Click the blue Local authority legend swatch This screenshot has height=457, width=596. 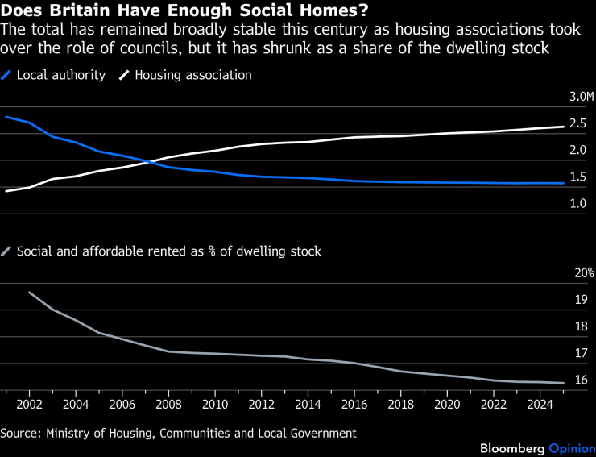tap(6, 75)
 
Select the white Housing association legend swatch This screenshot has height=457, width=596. tap(124, 75)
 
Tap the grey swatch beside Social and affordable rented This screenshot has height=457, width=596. tap(6, 251)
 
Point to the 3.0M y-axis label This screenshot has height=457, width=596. tap(582, 97)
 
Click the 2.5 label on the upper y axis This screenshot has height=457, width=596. tap(577, 123)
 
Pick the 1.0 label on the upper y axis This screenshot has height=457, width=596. tap(577, 203)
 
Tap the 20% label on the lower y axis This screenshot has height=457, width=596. tap(584, 272)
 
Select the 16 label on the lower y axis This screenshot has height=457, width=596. tap(582, 380)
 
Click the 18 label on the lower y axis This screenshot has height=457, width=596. tap(582, 326)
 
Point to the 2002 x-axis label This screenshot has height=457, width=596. tap(29, 404)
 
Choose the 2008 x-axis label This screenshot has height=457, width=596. tap(168, 404)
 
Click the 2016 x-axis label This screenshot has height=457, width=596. tap(354, 404)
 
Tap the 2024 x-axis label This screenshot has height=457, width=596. tap(540, 404)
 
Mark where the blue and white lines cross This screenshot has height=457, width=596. tap(149, 162)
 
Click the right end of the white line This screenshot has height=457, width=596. tap(564, 127)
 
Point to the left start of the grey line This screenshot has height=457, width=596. tap(29, 293)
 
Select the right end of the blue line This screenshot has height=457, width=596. tap(564, 184)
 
